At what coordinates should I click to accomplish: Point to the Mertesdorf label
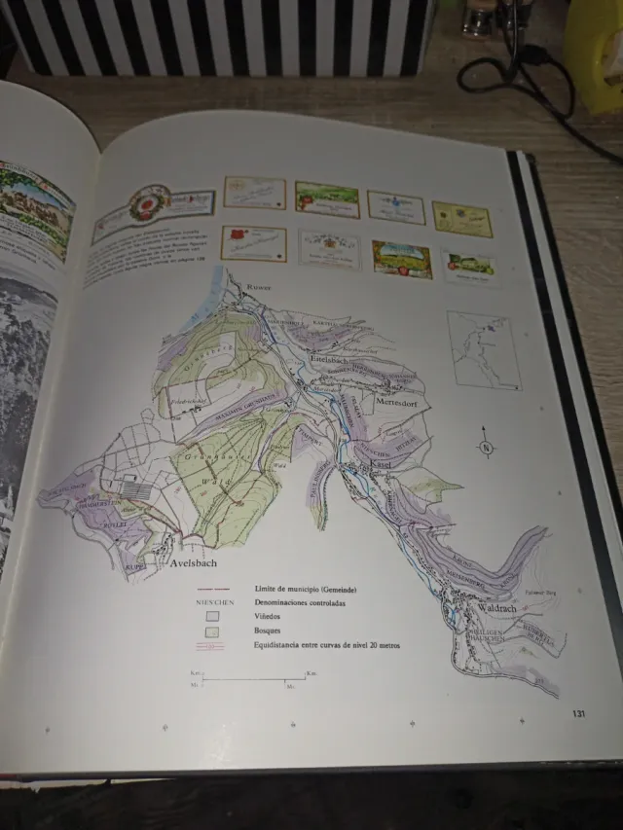click(x=397, y=398)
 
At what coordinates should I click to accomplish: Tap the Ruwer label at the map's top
click(x=260, y=288)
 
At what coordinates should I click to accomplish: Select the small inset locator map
click(x=483, y=348)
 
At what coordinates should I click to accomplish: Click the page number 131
click(x=579, y=714)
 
